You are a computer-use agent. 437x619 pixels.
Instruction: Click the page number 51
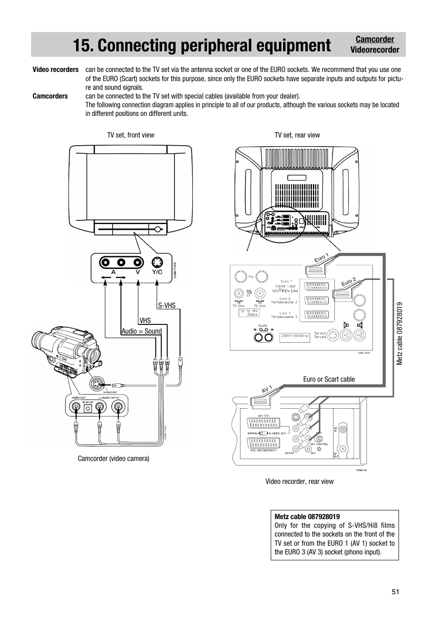[x=395, y=592]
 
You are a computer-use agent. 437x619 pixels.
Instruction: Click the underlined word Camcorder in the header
[x=375, y=39]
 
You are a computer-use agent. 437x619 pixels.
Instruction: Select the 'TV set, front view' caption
[x=131, y=135]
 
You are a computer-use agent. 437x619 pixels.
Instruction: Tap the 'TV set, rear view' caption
[x=297, y=135]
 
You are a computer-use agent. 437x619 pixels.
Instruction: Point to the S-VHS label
[x=167, y=306]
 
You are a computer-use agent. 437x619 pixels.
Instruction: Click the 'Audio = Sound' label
[x=142, y=331]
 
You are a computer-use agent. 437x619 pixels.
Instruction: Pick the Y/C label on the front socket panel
[x=157, y=272]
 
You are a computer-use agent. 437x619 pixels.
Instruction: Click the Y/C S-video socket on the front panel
[x=157, y=263]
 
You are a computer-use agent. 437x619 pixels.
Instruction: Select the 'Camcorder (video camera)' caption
[x=114, y=458]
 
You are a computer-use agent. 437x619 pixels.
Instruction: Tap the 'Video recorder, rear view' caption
[x=300, y=481]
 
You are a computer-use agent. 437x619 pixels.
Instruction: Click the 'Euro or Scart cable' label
[x=329, y=379]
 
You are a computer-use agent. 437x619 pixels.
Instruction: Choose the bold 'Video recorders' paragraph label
[x=55, y=70]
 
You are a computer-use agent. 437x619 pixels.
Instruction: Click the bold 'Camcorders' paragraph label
[x=50, y=96]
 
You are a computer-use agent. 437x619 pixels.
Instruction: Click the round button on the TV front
[x=158, y=229]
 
